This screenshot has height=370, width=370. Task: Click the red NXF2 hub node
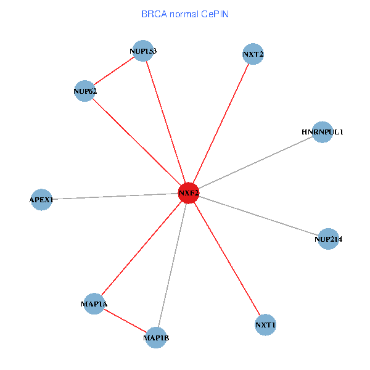188,193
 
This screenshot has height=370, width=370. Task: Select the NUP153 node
143,51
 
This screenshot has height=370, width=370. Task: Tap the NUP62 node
84,91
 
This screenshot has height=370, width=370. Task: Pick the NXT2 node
253,54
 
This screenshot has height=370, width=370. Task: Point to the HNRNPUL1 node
322,132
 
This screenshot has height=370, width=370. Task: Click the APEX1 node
41,200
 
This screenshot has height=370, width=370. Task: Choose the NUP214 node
328,239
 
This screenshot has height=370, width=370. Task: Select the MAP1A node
94,304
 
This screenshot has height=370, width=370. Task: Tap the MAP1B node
156,337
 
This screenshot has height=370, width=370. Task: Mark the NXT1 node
265,324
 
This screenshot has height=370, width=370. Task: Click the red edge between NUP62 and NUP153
114,71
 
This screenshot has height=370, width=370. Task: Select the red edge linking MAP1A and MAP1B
125,321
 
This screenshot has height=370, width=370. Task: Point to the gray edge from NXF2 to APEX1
115,197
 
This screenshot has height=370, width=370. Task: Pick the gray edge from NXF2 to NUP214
258,216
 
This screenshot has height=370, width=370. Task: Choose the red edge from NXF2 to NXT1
227,259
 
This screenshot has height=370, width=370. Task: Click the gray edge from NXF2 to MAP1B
172,265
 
